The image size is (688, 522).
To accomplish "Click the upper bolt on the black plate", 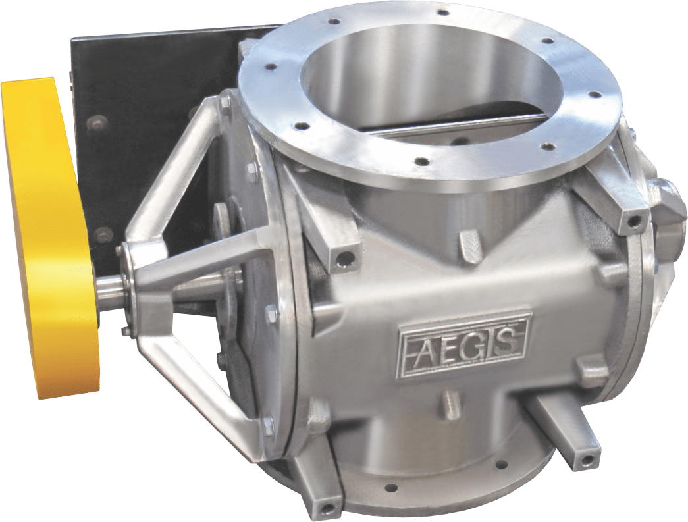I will coord(98,122).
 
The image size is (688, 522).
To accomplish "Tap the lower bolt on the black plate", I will coord(102,234).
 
